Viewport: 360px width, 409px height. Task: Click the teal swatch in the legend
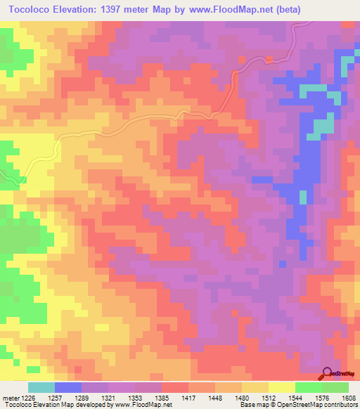click(x=41, y=388)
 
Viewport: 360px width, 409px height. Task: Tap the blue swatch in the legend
click(x=68, y=388)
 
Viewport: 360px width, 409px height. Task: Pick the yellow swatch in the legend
click(x=281, y=388)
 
